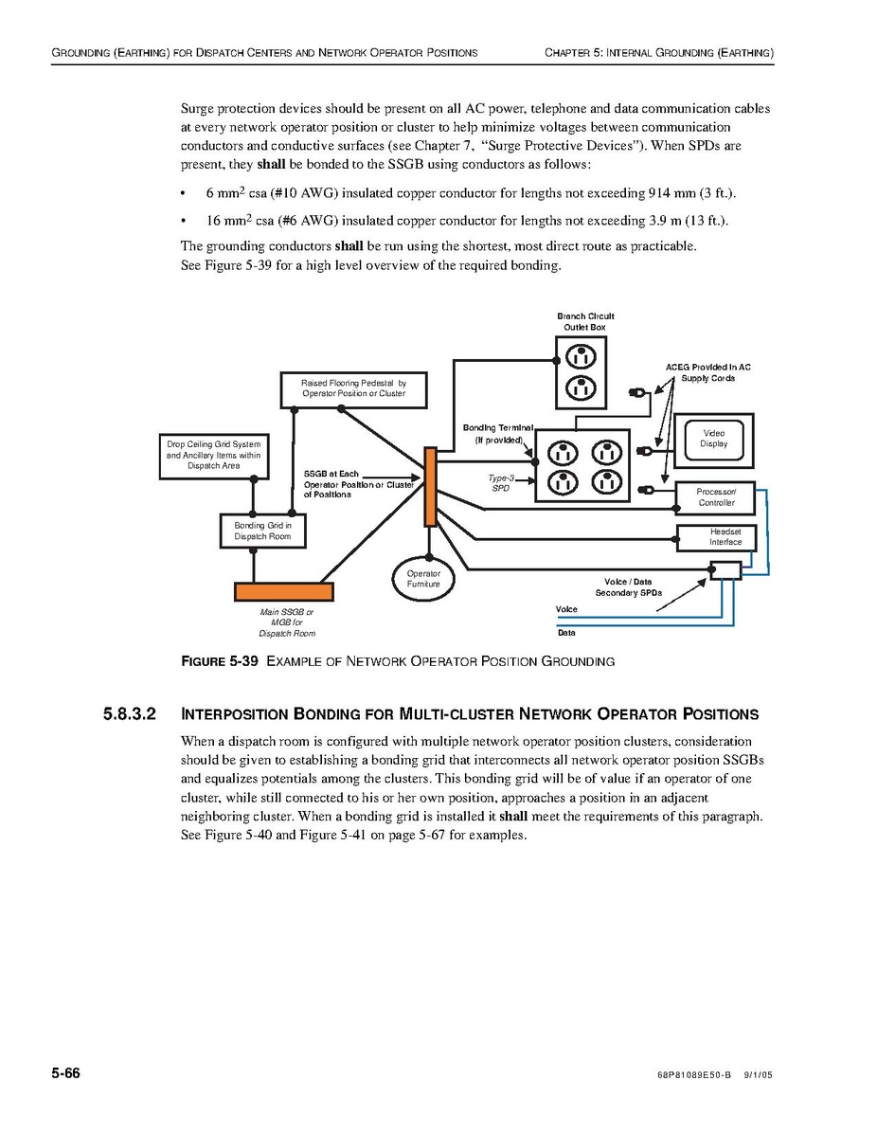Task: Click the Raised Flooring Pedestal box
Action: (353, 388)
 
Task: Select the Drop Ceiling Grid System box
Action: (213, 455)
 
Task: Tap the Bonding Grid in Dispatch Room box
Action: (262, 531)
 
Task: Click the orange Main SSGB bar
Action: (284, 591)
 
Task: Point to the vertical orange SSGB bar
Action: (430, 486)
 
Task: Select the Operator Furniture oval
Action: (423, 579)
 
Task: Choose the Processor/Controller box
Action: (716, 496)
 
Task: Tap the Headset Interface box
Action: (716, 537)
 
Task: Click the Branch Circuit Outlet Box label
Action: (585, 321)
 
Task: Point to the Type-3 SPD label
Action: (500, 483)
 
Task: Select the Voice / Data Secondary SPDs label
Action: (628, 586)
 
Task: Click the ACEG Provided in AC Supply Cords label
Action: (707, 372)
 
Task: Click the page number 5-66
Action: (65, 1073)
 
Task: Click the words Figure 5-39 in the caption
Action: (219, 661)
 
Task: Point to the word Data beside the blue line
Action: (566, 632)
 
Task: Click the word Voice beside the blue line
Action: (566, 609)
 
